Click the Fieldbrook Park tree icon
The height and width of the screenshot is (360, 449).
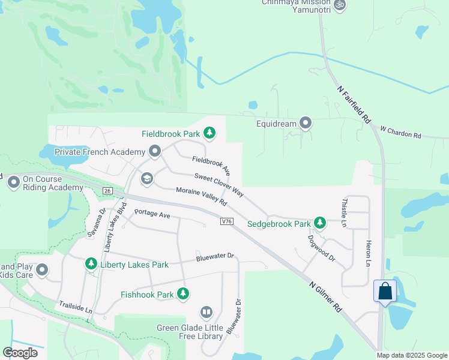coord(209,133)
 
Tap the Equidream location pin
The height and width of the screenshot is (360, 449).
coord(306,124)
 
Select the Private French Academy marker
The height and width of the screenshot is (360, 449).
coord(155,151)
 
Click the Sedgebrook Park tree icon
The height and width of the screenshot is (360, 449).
coord(320,223)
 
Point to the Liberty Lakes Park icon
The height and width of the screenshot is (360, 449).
coord(91,264)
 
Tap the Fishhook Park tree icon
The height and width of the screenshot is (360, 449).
coord(183,294)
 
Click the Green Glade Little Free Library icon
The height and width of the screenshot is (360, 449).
coord(206,313)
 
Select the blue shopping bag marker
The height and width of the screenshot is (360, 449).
coord(384,292)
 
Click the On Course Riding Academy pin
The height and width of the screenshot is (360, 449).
coord(14,183)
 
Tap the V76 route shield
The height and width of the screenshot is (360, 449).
coord(226,221)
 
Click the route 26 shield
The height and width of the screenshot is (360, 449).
coord(107,190)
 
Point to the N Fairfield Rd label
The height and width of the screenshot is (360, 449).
coord(353,104)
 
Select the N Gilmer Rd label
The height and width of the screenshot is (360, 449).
coord(326,296)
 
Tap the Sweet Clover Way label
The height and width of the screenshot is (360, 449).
coord(218,185)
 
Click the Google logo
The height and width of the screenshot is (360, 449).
coord(20,352)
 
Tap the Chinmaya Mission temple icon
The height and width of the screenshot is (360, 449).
coord(340,4)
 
